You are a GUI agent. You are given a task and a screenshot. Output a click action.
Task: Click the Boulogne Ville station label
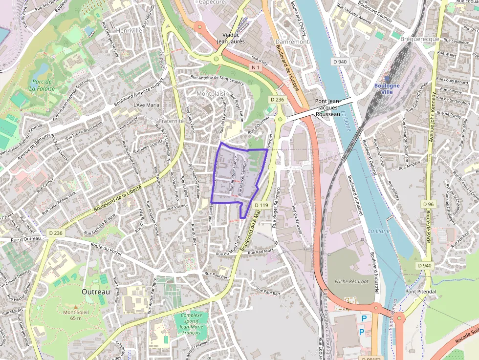387,88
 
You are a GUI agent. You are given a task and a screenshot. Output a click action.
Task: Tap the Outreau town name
96,291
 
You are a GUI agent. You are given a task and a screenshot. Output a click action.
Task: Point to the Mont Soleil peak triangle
75,306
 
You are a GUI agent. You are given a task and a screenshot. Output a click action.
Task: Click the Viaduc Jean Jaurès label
231,38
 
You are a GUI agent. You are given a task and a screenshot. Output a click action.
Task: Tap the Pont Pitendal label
421,291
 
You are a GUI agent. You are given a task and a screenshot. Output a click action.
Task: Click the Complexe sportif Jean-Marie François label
191,324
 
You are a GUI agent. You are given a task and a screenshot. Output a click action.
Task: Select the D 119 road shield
261,205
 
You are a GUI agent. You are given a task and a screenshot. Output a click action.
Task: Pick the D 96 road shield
429,204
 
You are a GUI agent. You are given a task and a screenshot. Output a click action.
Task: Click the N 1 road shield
255,66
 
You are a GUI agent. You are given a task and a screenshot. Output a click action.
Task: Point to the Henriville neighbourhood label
129,30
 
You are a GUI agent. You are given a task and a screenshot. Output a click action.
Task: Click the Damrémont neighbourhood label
292,42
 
